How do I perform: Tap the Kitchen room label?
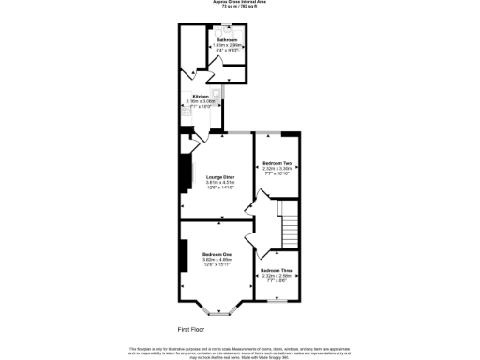[x=201, y=97]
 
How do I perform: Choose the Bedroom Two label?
[x=277, y=162]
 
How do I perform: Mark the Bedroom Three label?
[x=277, y=271]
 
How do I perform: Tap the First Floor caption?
[x=191, y=329]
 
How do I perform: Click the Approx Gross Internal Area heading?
[x=239, y=2]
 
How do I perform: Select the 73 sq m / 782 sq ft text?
[x=239, y=7]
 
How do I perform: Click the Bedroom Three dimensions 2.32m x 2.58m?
[x=277, y=276]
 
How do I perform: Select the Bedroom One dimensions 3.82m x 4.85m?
[x=217, y=260]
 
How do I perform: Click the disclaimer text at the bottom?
[x=239, y=351]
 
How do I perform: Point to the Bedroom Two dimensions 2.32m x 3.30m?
[x=277, y=168]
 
